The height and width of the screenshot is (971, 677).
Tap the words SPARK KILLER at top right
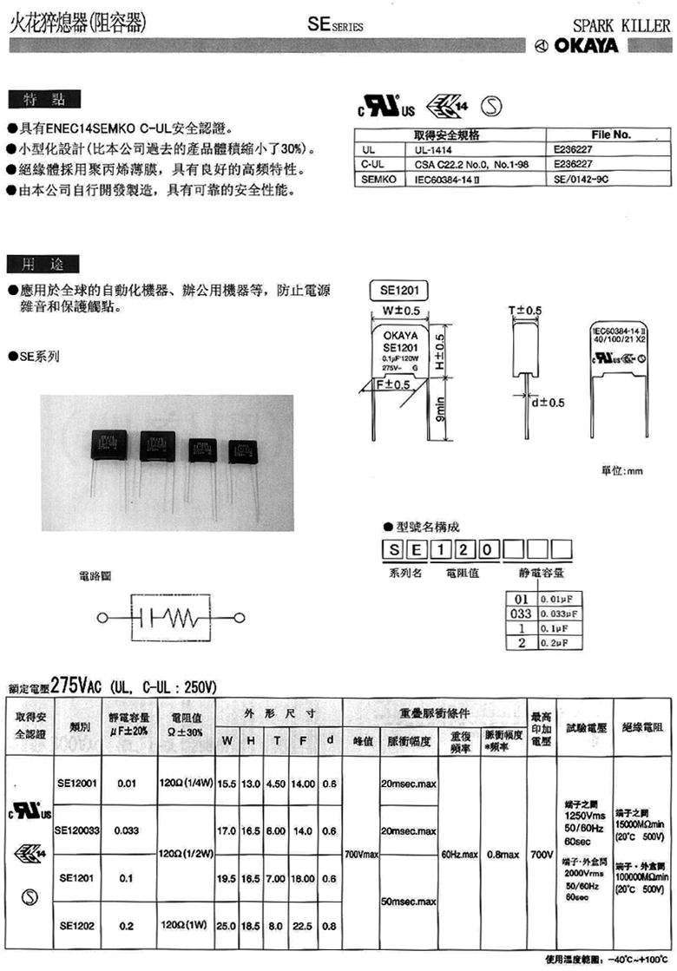tap(621, 26)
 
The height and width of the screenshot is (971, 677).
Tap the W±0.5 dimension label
tap(401, 311)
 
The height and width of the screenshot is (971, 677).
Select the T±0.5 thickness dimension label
tap(524, 311)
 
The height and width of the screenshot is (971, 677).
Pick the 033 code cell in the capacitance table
tap(520, 613)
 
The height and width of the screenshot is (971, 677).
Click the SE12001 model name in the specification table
tap(77, 782)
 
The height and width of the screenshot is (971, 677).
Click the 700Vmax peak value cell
tap(361, 855)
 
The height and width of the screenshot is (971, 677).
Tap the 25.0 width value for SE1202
tap(227, 926)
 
